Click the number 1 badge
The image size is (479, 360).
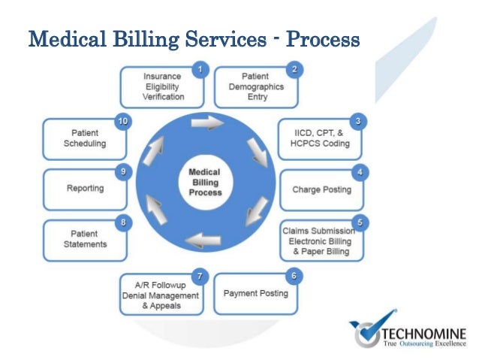pos(200,70)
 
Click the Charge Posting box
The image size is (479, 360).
pos(321,189)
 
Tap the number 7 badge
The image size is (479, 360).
pos(200,277)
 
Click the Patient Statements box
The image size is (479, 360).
pos(84,239)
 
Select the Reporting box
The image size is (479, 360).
pos(84,189)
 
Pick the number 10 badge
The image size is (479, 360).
pos(122,120)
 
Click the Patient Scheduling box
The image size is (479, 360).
pos(84,138)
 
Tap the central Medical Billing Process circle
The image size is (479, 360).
pos(204,182)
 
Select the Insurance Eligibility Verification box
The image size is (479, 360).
pos(163,87)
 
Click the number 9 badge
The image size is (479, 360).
pos(123,171)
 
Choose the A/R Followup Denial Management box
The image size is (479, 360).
pos(162,296)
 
